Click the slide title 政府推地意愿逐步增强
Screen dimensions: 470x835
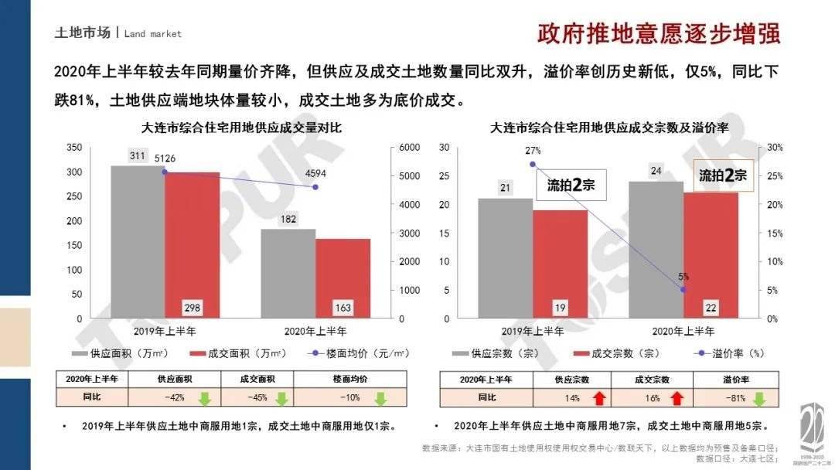(x=659, y=34)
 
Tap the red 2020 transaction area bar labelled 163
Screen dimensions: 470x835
(x=343, y=278)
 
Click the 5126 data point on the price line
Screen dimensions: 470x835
(x=165, y=172)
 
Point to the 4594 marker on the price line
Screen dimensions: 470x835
(x=315, y=186)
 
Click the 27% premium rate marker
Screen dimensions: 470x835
(x=532, y=164)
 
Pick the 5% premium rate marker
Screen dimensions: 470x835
(x=683, y=289)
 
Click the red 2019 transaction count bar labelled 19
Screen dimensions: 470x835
(x=560, y=264)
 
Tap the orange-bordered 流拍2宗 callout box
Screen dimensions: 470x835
(x=722, y=176)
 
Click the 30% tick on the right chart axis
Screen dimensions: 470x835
(x=775, y=148)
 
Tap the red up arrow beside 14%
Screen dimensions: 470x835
(x=598, y=398)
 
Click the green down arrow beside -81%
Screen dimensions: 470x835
(x=759, y=398)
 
